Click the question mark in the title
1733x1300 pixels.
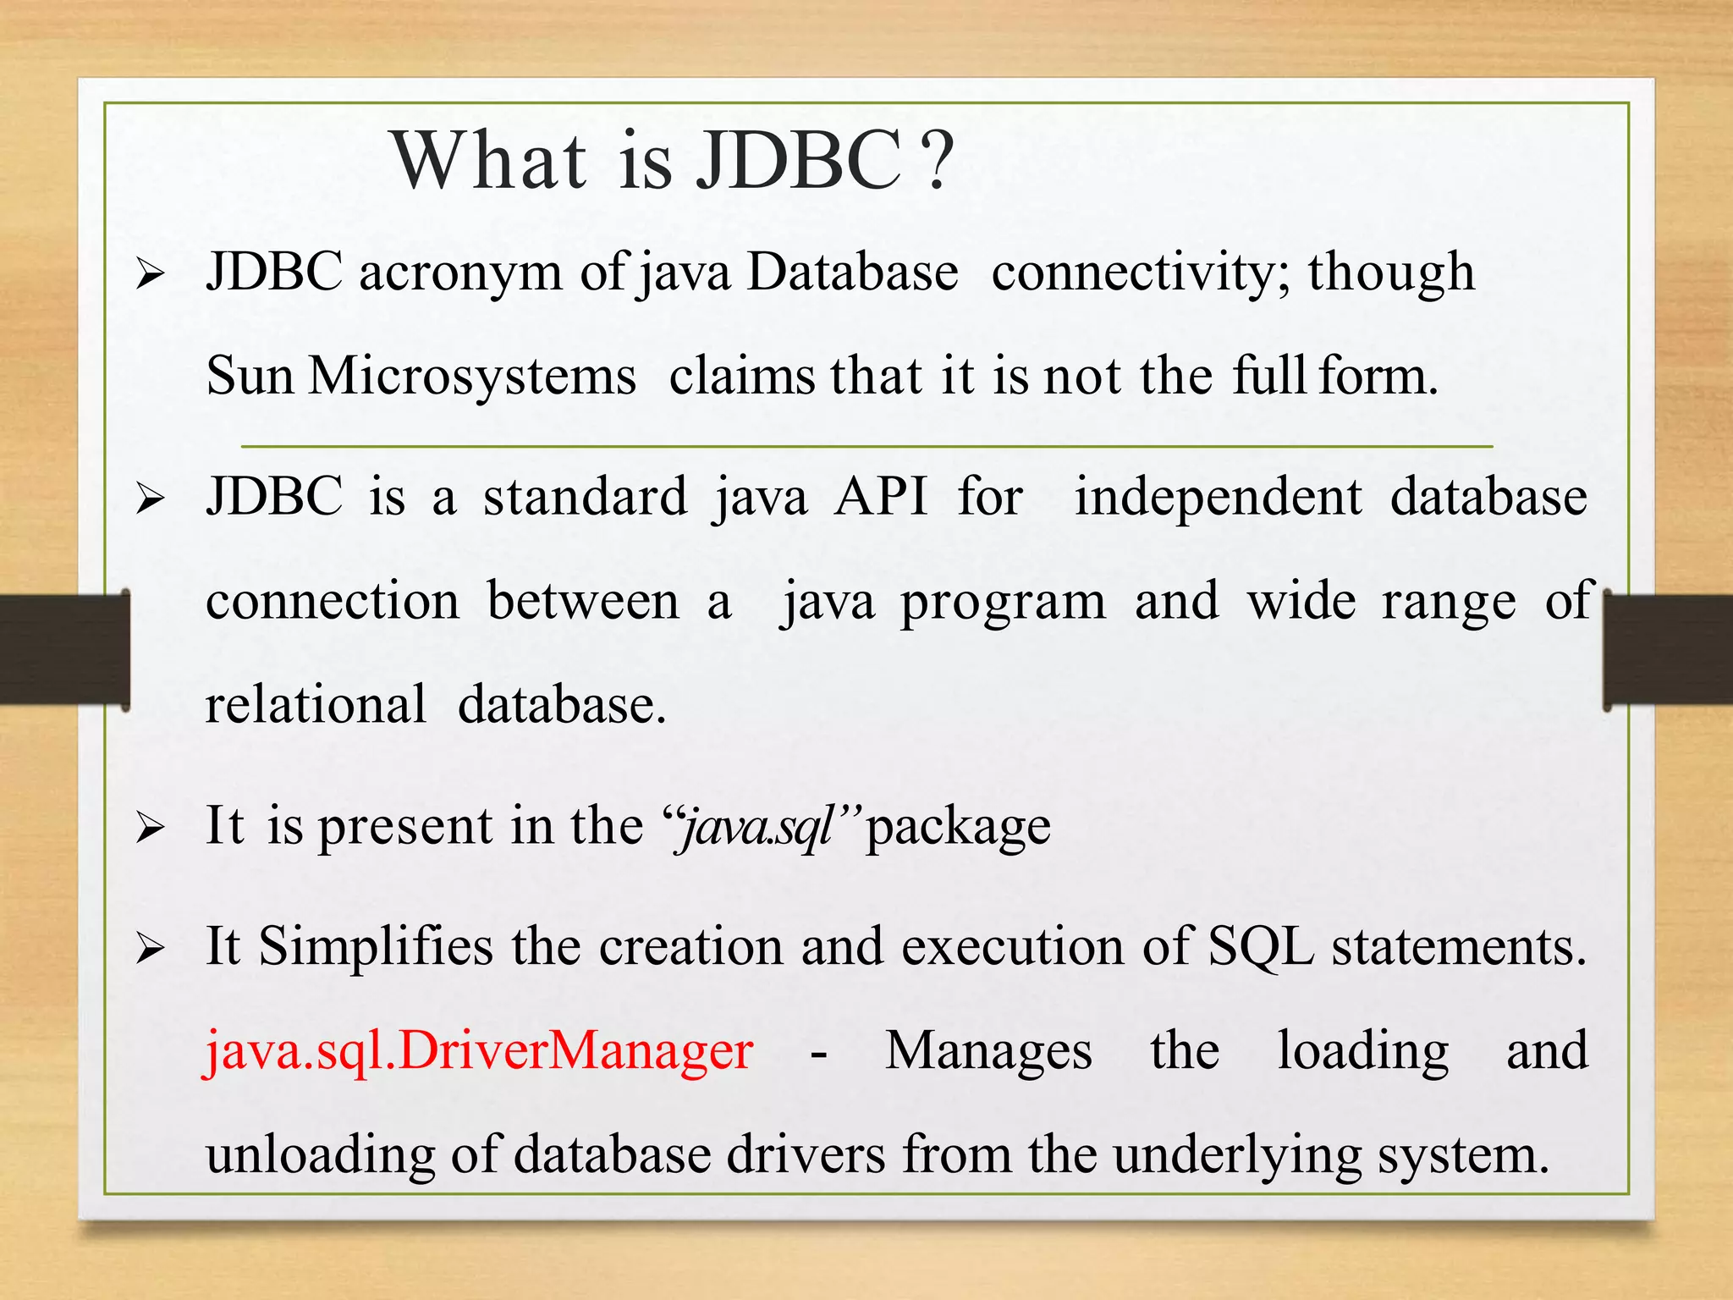[x=937, y=161]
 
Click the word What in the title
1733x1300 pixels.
[x=489, y=161]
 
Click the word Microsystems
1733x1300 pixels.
[x=471, y=376]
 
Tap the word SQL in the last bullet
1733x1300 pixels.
[x=1260, y=946]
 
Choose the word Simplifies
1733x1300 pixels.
[x=375, y=946]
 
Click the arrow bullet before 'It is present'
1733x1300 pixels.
[x=150, y=829]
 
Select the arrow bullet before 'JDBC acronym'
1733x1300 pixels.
[x=150, y=275]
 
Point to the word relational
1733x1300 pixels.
[x=316, y=705]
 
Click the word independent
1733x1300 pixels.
[x=1218, y=498]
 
